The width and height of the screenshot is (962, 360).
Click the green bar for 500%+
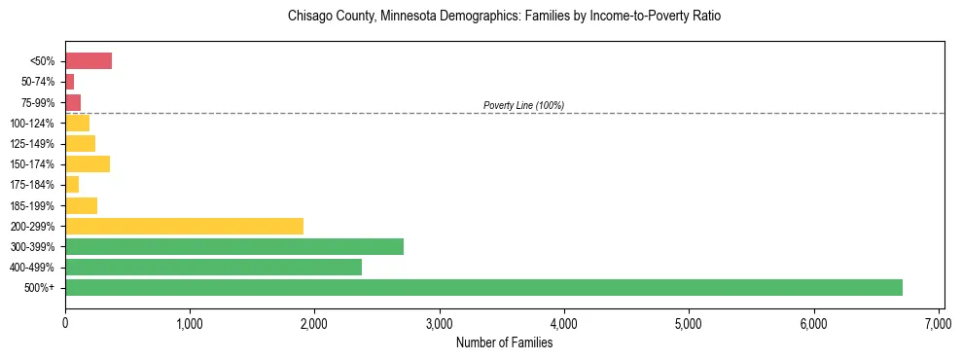point(483,287)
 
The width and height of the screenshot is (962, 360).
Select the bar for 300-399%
point(234,246)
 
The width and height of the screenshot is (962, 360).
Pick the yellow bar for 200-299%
point(184,226)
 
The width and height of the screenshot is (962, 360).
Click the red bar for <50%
point(89,61)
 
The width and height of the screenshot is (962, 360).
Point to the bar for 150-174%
point(88,164)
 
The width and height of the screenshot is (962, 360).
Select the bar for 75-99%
point(73,102)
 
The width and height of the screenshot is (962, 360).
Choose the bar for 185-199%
point(81,205)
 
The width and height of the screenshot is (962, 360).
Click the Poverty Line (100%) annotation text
point(523,105)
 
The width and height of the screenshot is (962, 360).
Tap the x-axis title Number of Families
point(504,342)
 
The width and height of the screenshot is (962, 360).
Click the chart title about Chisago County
point(504,17)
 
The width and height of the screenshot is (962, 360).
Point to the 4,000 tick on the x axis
point(564,323)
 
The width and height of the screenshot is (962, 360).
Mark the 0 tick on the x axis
point(65,323)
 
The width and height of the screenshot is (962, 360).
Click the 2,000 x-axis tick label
point(314,323)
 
